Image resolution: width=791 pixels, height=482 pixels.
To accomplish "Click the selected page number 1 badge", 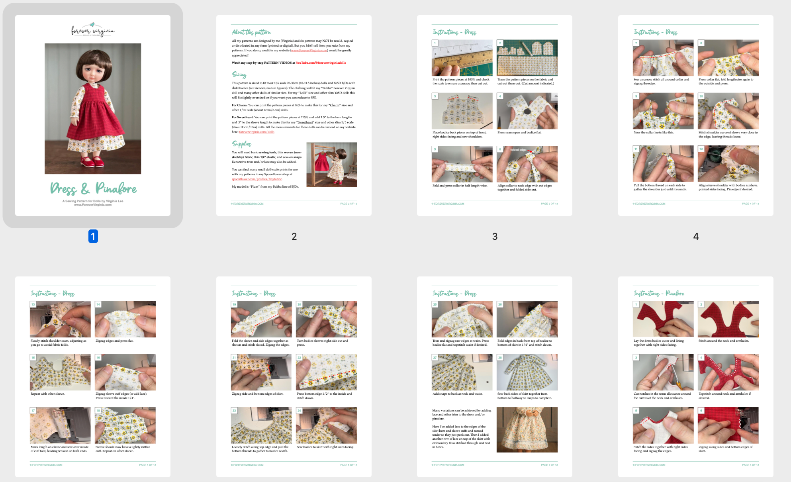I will [x=93, y=236].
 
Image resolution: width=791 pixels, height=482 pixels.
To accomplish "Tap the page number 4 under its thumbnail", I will [x=696, y=237].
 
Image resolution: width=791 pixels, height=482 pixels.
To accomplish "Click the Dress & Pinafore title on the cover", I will [x=93, y=188].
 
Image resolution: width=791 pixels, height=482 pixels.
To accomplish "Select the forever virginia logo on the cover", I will [x=93, y=30].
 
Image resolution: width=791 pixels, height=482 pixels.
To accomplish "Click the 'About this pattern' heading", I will [x=251, y=32].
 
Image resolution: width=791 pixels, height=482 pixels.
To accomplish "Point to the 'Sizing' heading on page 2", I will [x=239, y=74].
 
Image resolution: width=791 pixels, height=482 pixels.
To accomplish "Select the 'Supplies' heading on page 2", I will [x=241, y=143].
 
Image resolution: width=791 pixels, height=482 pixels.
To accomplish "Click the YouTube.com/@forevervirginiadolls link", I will [x=321, y=63].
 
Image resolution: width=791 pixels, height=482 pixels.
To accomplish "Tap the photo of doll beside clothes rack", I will [x=331, y=165].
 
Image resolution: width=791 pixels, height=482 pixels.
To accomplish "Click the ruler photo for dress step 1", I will [x=462, y=58].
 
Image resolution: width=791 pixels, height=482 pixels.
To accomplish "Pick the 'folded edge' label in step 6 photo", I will [x=518, y=150].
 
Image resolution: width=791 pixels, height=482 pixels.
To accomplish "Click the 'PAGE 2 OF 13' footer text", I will [x=349, y=204].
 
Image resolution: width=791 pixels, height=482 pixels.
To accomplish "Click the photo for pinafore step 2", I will [x=728, y=319].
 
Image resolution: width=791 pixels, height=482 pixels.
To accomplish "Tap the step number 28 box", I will [x=500, y=357].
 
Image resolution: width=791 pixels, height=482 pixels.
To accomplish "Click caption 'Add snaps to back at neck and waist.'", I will [x=457, y=394].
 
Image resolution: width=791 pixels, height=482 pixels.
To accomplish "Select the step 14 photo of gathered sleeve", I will [x=125, y=319].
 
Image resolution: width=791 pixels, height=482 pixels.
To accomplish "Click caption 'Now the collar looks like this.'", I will [x=654, y=132].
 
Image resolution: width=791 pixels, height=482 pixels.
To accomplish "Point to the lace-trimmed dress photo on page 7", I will [x=527, y=429].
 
